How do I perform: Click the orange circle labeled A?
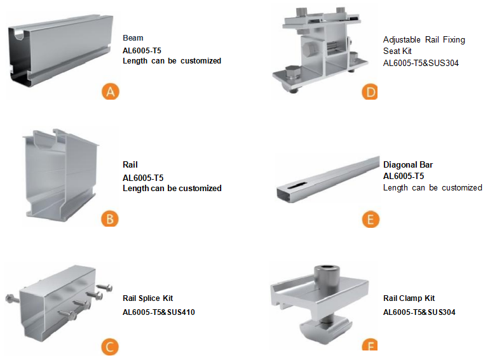[x=111, y=91]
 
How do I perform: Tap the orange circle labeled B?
[x=110, y=218]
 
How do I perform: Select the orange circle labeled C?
[x=110, y=347]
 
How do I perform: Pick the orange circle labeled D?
[x=370, y=92]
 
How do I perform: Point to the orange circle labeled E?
[x=371, y=219]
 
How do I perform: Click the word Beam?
[x=133, y=38]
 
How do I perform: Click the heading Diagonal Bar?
[x=408, y=164]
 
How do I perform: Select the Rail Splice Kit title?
[x=147, y=298]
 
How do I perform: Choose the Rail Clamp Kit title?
[x=409, y=298]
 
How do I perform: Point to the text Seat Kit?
[x=397, y=51]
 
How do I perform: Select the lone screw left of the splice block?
[x=13, y=299]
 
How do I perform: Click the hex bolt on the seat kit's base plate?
[x=292, y=73]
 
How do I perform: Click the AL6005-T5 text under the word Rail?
[x=143, y=178]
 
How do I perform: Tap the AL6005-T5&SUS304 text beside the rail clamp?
[x=419, y=312]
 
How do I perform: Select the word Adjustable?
[x=402, y=40]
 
